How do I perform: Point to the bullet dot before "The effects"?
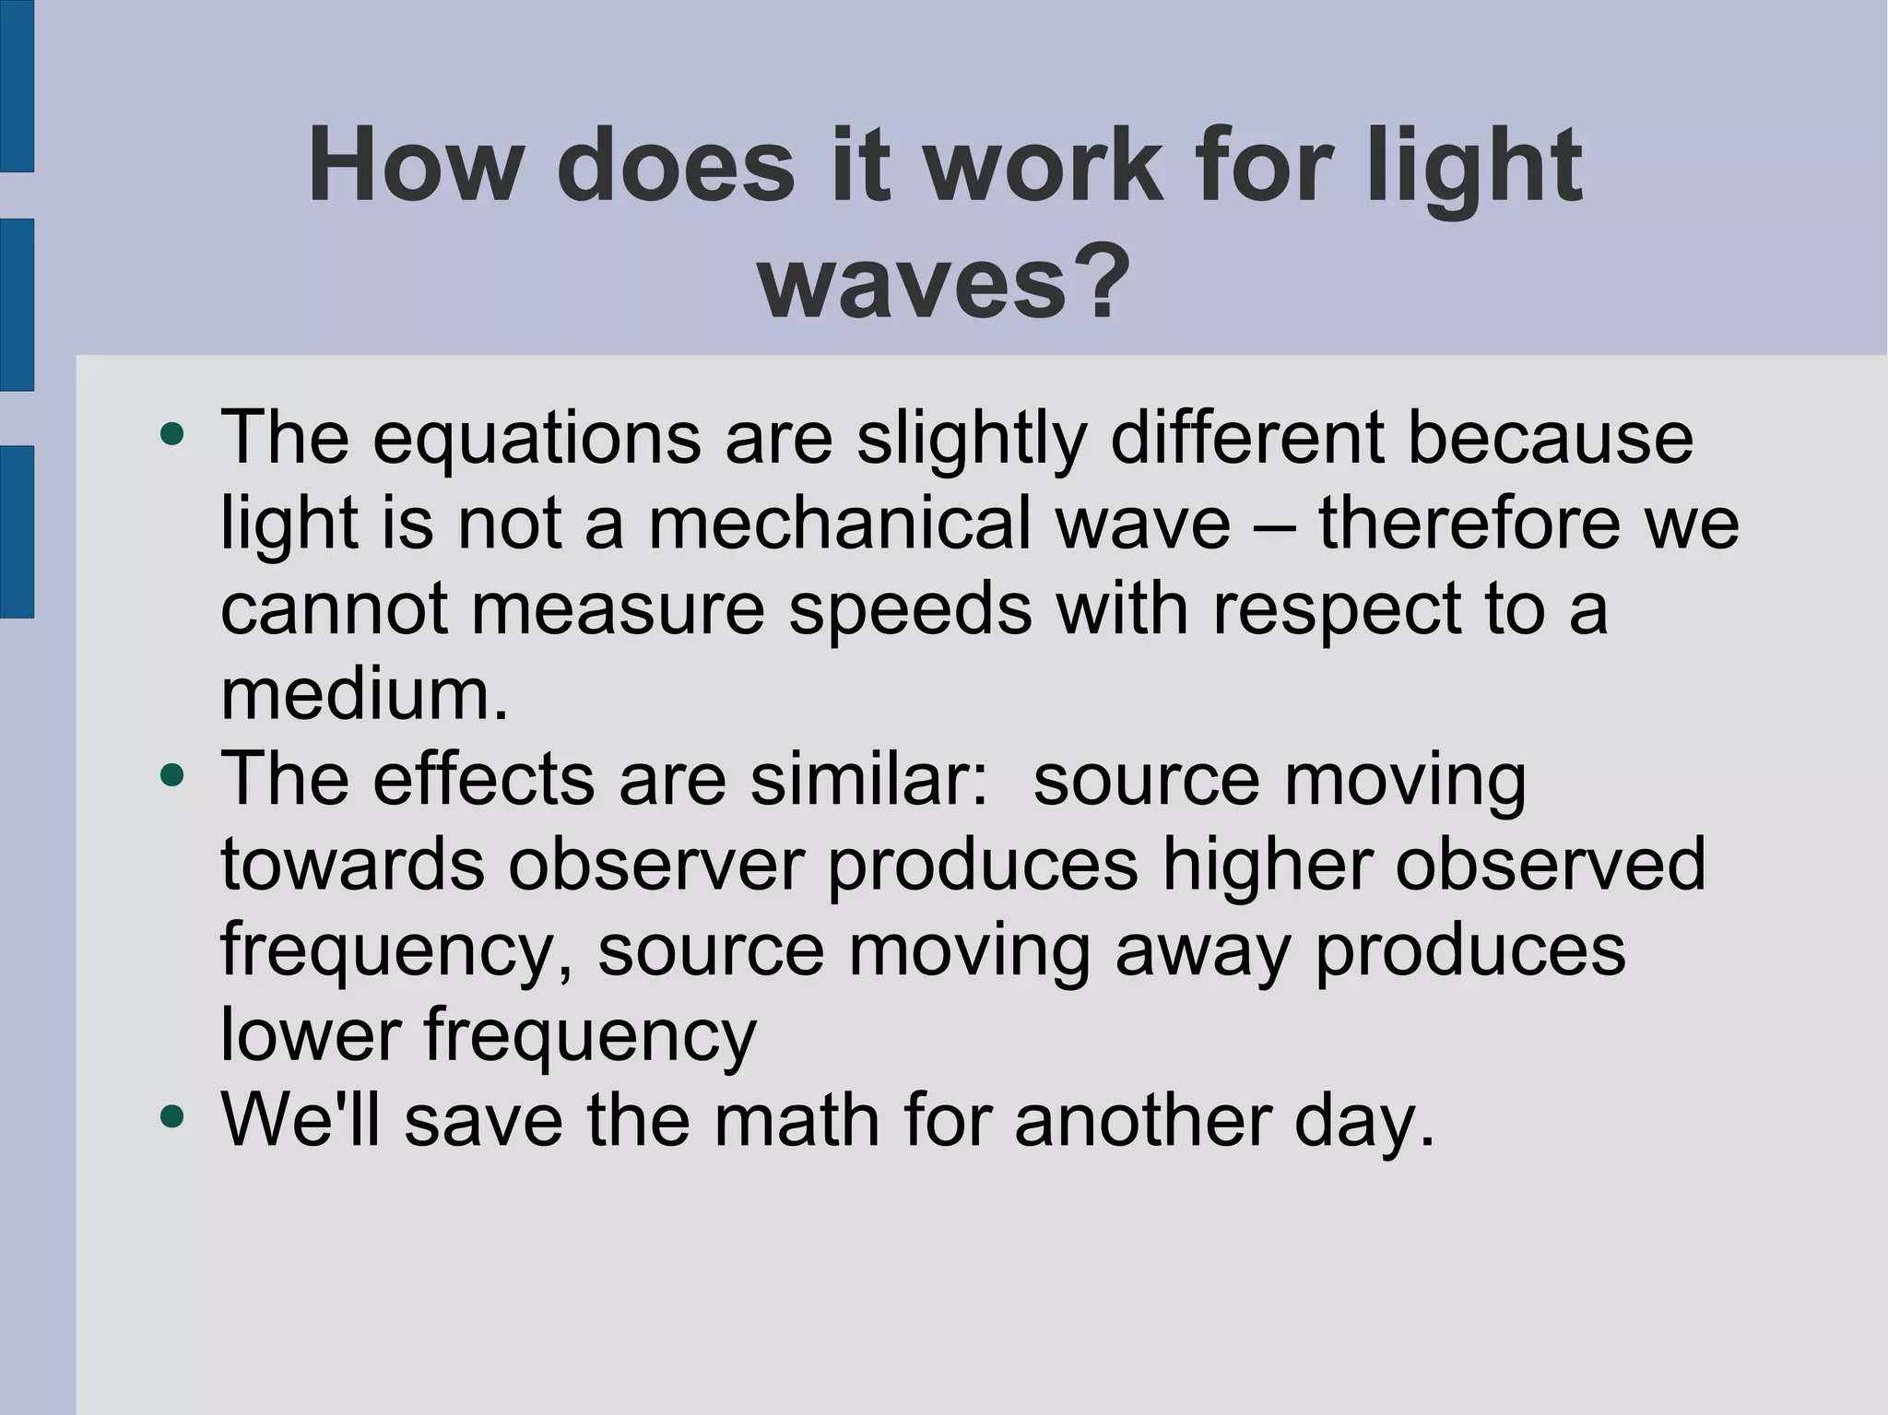point(171,776)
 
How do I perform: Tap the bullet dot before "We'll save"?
point(171,1118)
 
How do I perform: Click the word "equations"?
point(537,437)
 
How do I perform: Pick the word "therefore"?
point(1469,523)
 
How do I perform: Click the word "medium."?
point(365,694)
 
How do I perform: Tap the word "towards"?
point(352,865)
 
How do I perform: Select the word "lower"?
point(311,1035)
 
